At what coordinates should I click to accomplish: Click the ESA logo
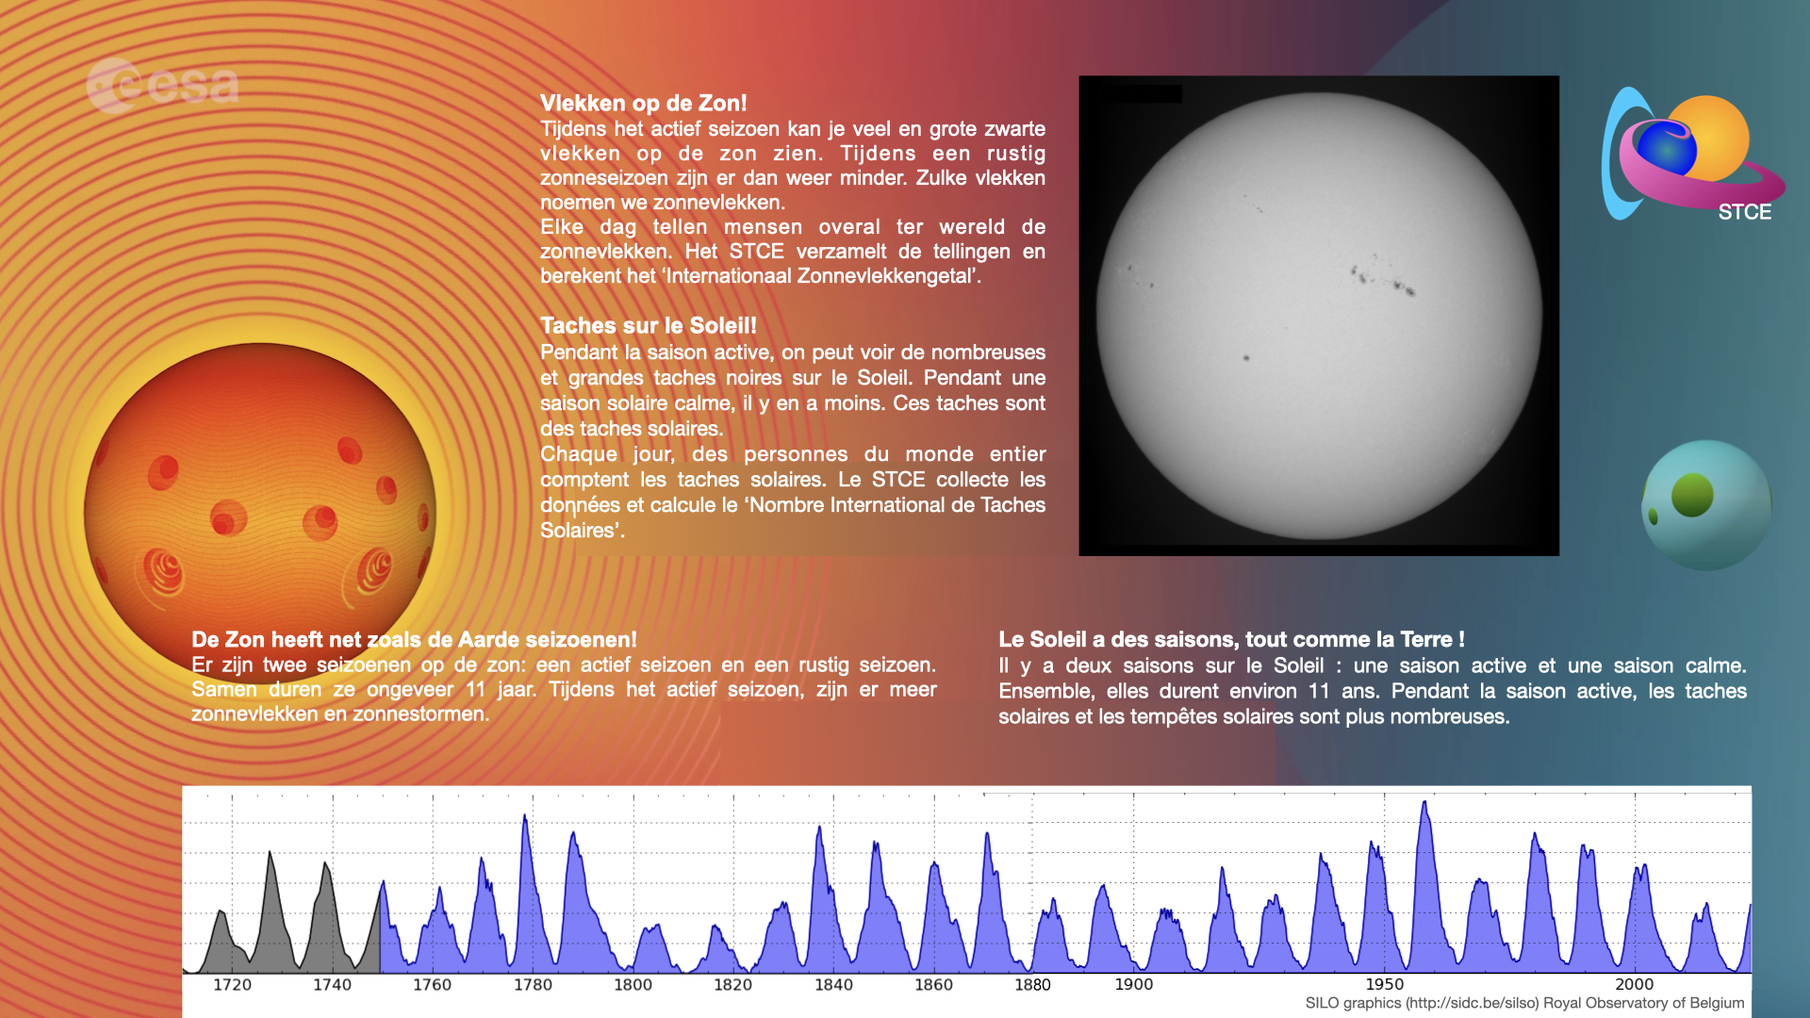(x=162, y=86)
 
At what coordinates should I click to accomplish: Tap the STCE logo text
(x=1744, y=212)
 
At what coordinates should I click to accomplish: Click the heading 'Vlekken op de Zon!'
(x=643, y=103)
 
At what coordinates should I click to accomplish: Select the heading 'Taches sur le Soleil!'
(x=649, y=325)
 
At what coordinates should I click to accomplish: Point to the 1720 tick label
(x=232, y=985)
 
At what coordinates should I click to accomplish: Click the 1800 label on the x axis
(x=633, y=985)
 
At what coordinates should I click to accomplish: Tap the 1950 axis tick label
(x=1384, y=984)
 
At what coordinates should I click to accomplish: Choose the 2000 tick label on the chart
(x=1635, y=984)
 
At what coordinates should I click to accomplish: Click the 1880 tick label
(x=1032, y=985)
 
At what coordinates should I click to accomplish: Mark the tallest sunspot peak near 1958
(x=1424, y=803)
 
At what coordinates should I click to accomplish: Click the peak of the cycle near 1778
(x=525, y=816)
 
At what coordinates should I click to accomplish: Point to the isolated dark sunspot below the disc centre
(x=1246, y=358)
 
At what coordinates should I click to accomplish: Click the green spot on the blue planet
(x=1692, y=496)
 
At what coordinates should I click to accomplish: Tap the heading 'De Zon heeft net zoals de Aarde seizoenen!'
(x=414, y=639)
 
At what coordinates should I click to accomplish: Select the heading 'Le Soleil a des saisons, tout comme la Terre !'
(x=1231, y=639)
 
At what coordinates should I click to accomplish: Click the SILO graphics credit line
(x=1524, y=1003)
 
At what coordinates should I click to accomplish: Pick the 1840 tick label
(x=833, y=985)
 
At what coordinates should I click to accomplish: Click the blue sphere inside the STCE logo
(x=1667, y=148)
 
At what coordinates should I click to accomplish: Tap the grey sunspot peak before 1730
(x=270, y=854)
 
